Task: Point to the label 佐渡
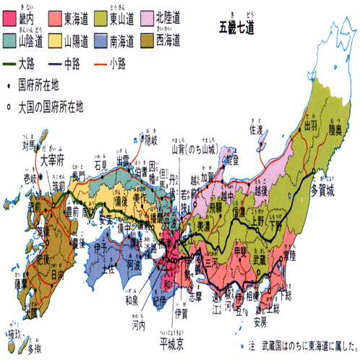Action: click(x=256, y=131)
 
